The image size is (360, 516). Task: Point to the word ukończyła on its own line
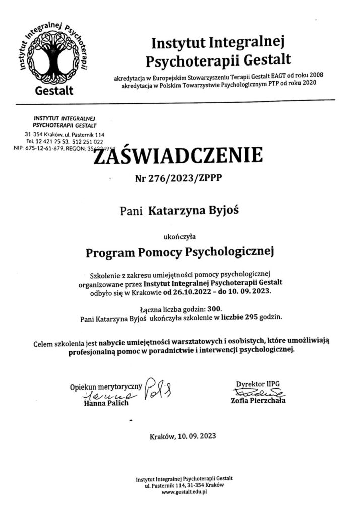179,234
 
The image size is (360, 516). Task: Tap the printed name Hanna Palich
106,403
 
